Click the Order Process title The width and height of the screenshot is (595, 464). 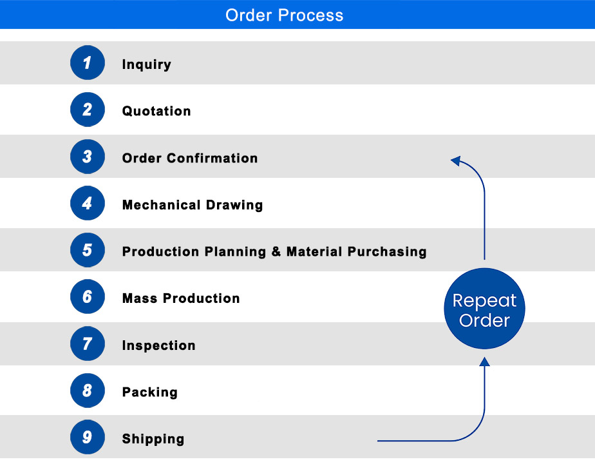tap(284, 15)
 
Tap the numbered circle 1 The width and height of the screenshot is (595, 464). tap(88, 63)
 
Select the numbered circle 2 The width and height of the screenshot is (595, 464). tap(88, 110)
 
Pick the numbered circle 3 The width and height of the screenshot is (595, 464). tap(88, 157)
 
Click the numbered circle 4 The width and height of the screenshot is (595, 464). tap(88, 204)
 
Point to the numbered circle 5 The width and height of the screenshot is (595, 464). tap(88, 250)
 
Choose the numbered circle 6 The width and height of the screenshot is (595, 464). tap(88, 297)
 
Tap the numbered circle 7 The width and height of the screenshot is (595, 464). tap(88, 344)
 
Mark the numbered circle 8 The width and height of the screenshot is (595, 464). tap(88, 391)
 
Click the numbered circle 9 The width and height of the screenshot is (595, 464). tap(88, 438)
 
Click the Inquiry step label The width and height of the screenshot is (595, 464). tap(147, 64)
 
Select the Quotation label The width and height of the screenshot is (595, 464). tap(156, 111)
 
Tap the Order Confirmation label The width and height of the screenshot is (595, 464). tap(190, 158)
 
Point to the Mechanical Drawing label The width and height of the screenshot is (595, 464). tap(193, 205)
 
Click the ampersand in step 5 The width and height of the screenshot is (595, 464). tap(276, 251)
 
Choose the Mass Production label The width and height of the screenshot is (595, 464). tap(181, 298)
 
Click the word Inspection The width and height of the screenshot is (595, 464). tap(159, 345)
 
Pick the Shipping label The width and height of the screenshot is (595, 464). tap(153, 439)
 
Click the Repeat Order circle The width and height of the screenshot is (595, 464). tap(484, 310)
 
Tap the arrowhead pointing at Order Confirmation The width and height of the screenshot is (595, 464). tap(455, 160)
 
